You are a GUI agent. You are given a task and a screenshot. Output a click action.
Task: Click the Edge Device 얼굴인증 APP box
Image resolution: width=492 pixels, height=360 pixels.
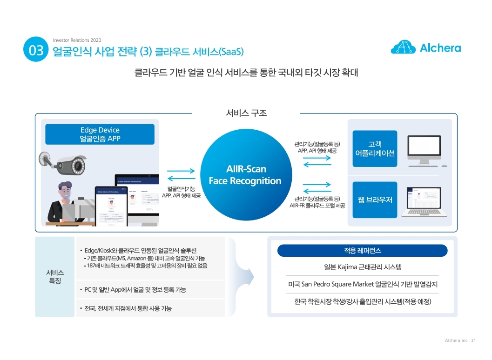coord(100,134)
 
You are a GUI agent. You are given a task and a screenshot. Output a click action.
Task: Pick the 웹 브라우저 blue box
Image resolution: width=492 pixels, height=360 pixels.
coord(375,200)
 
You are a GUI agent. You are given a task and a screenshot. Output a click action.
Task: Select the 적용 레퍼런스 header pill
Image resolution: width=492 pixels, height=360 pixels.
coord(362,251)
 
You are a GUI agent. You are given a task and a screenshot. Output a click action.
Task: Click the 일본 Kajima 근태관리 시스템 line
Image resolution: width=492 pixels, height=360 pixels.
coord(362,267)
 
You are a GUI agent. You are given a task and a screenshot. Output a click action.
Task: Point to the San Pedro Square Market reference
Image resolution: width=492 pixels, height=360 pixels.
coord(362,284)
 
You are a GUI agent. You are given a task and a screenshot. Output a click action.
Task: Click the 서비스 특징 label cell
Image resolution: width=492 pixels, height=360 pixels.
coord(55,277)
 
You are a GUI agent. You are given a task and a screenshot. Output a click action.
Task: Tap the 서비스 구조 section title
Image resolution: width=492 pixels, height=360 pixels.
coord(246,113)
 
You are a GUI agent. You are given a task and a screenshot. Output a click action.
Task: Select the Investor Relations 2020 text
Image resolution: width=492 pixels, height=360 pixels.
coord(77,40)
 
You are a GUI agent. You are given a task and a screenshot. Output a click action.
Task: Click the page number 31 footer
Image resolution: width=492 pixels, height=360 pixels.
coord(473,340)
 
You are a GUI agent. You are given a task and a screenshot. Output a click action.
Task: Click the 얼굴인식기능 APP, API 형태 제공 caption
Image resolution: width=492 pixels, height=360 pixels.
coord(181,192)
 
